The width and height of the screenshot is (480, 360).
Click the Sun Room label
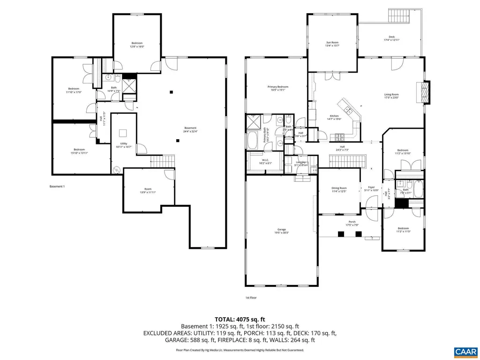tap(332, 44)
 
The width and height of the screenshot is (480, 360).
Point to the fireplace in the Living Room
tap(424, 92)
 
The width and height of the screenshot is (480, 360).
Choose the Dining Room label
tap(339, 189)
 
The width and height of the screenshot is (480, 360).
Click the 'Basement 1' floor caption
tap(57, 187)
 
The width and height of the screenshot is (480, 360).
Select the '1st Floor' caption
tap(251, 298)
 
